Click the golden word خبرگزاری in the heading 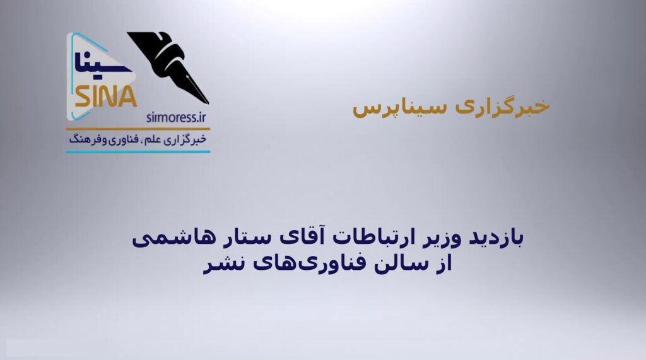pos(503,107)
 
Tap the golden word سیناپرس pos(399,108)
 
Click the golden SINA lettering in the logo pos(106,97)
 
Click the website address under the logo pos(176,118)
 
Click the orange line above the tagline pos(138,129)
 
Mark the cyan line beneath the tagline pos(138,151)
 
